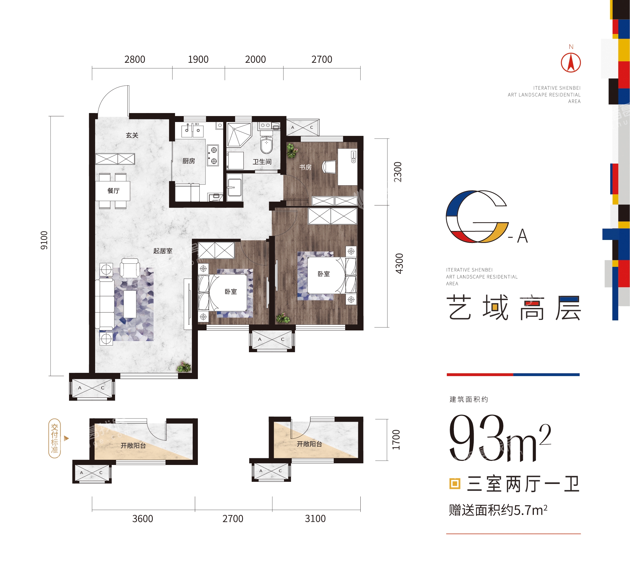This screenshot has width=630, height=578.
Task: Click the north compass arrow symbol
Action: coord(570,63)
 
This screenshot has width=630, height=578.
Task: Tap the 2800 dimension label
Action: coord(135,60)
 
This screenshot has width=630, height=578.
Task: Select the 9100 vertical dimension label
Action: coord(44,240)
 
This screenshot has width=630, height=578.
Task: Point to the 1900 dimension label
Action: coord(198,60)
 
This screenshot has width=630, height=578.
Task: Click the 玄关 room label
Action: coord(132,135)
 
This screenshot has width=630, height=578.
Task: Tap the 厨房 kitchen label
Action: coord(189,161)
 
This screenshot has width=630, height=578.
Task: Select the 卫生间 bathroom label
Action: coord(262,162)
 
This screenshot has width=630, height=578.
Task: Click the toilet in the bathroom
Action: coord(266,143)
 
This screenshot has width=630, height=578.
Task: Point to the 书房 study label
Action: coord(305,167)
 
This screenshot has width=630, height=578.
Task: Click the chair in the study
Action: coord(329,167)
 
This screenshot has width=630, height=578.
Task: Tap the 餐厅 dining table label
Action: coord(113,191)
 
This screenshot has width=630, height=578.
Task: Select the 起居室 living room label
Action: coord(163,251)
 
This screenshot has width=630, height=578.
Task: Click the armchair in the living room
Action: coord(130,268)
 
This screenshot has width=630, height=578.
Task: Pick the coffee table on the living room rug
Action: coord(130,304)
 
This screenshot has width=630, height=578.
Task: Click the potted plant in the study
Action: coord(292,151)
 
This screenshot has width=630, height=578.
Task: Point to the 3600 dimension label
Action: coord(143,519)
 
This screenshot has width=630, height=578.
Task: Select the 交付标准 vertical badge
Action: coord(54,439)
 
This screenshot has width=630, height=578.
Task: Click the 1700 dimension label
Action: coord(396,440)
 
